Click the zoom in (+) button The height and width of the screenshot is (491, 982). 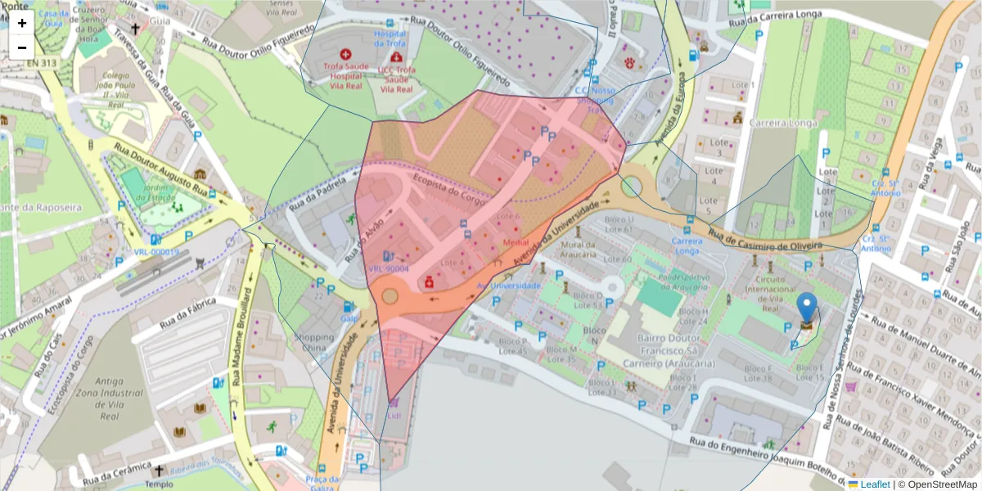click(22, 23)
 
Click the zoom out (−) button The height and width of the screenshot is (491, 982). click(22, 47)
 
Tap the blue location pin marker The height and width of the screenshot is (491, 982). click(807, 309)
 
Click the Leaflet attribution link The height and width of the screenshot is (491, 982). click(874, 484)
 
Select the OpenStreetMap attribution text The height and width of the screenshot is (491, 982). click(941, 484)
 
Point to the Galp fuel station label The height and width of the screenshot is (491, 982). click(349, 318)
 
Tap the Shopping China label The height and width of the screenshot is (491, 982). click(314, 342)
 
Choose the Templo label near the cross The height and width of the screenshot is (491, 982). click(160, 483)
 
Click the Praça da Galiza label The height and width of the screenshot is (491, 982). click(322, 483)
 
